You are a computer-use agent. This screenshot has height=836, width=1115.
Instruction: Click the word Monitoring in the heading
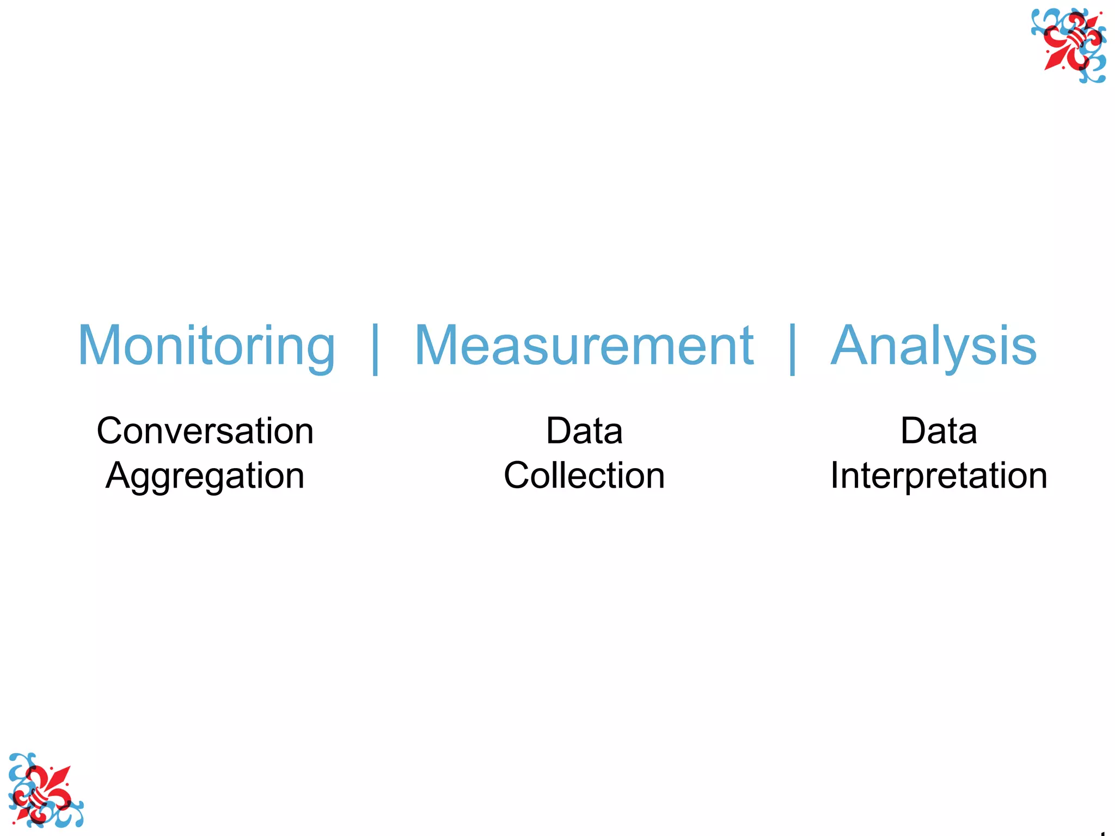(206, 346)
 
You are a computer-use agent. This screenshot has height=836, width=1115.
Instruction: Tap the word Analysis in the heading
(933, 346)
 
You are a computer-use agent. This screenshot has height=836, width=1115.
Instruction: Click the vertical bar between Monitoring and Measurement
(375, 348)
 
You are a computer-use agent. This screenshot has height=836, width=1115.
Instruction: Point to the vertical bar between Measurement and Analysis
(792, 348)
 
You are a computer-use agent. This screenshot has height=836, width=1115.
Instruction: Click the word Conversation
(205, 431)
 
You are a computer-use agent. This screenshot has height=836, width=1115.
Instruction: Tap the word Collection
(584, 476)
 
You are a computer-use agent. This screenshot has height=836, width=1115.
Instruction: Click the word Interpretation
(939, 476)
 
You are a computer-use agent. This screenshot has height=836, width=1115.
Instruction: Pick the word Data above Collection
(584, 431)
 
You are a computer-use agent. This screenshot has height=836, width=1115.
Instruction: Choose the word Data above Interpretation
(939, 431)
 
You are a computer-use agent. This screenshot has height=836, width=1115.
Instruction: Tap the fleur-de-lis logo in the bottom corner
(45, 790)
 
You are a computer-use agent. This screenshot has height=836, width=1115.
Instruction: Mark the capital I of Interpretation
(836, 475)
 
